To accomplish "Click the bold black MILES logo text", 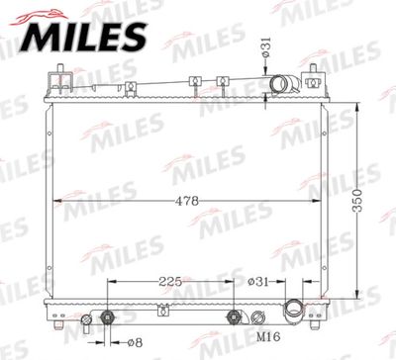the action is pos(82,38).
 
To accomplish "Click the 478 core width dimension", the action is pos(187,201).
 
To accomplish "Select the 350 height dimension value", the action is pos(357,201).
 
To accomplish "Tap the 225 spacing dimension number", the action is pos(170,282).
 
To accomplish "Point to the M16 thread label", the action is pos(268,336).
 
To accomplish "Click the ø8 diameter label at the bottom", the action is pos(135,343).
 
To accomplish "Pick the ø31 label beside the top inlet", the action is pos(266,47).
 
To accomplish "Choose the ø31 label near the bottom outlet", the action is pos(258,282).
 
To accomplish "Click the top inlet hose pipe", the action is pos(285,85).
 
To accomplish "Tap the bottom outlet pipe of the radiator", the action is pos(293,310).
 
